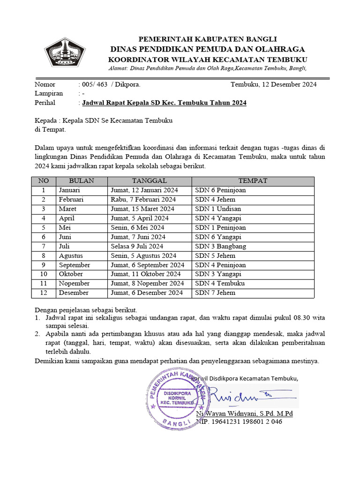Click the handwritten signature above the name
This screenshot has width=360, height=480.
(244, 397)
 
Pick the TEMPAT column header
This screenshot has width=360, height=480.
(253, 181)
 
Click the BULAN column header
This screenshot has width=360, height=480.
(81, 181)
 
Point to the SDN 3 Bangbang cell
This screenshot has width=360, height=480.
(220, 246)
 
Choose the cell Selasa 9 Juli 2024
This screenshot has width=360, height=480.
(137, 246)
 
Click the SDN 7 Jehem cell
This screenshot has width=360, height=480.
(215, 293)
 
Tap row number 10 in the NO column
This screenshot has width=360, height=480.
(43, 274)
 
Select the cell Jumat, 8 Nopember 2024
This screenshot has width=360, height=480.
(147, 284)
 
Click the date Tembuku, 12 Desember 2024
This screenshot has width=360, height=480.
(273, 84)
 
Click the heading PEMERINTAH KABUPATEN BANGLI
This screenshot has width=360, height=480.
(207, 39)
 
